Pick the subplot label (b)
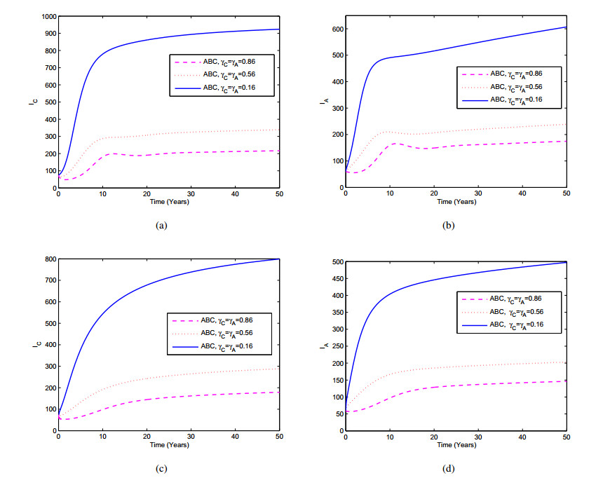pyautogui.click(x=449, y=226)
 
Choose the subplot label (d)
pyautogui.click(x=449, y=468)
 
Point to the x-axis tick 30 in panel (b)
pyautogui.click(x=477, y=193)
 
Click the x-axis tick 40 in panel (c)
pyautogui.click(x=234, y=436)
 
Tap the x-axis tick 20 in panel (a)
pyautogui.click(x=147, y=193)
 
